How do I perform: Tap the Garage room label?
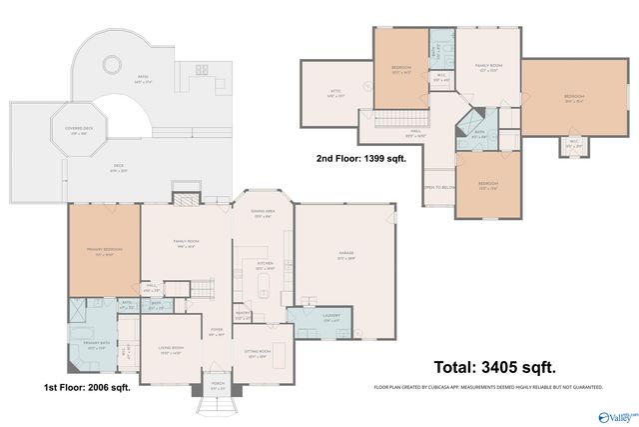344,255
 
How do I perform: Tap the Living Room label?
171,351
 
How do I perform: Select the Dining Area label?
263,213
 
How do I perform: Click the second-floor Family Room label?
488,69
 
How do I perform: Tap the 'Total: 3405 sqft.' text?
493,367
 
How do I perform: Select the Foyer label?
216,334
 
